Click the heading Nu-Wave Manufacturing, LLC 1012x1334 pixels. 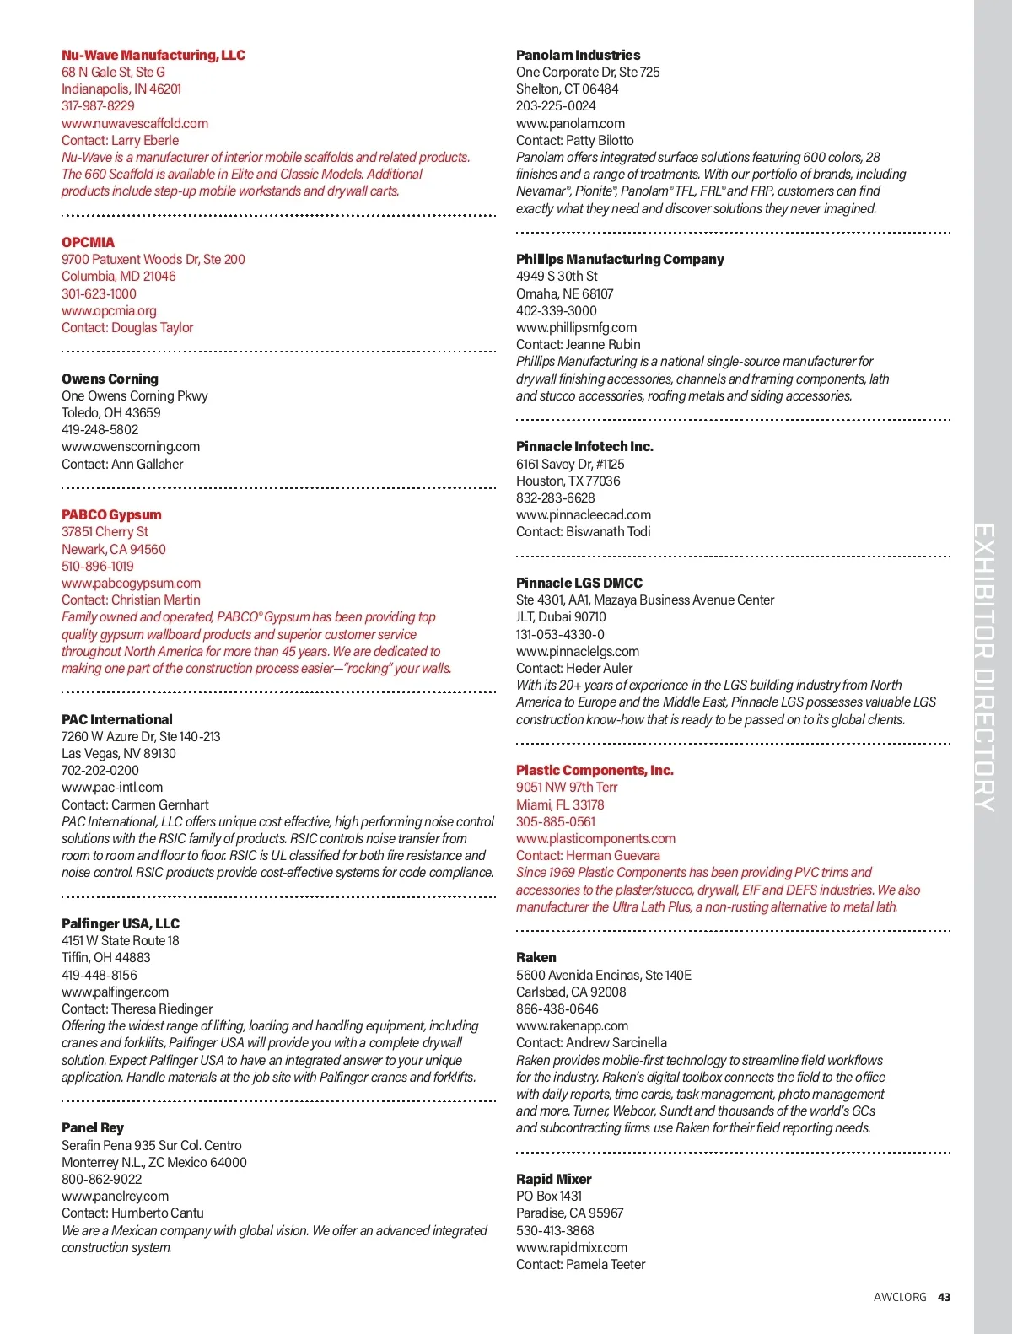[x=153, y=56]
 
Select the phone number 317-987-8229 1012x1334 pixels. [x=98, y=106]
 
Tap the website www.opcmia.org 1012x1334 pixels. [x=109, y=311]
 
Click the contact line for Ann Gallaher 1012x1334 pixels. [x=122, y=465]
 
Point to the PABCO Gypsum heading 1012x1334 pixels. [x=111, y=515]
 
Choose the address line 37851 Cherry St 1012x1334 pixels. [x=105, y=532]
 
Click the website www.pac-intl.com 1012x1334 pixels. [x=112, y=788]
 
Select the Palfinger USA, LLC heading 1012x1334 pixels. [x=121, y=924]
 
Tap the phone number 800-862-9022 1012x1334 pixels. [x=101, y=1180]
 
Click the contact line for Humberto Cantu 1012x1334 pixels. [x=132, y=1213]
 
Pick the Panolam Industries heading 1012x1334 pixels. [x=578, y=56]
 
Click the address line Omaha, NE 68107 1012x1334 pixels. [x=564, y=294]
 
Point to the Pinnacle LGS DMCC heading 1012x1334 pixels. [x=579, y=584]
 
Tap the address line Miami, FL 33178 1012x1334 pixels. [x=560, y=805]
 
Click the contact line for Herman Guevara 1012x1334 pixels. [x=588, y=856]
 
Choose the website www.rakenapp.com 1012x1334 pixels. [x=572, y=1026]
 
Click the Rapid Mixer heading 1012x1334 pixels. [x=553, y=1180]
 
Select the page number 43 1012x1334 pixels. [x=945, y=1298]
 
